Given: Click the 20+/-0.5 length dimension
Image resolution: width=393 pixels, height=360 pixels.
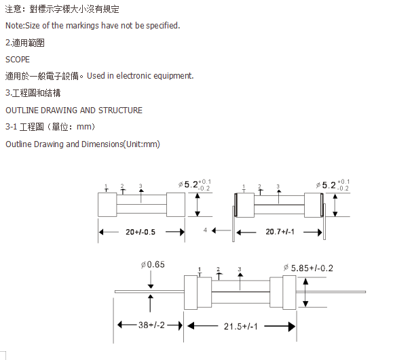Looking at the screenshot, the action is [141, 232].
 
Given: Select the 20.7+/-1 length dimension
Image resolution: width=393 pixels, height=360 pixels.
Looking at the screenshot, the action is [280, 232].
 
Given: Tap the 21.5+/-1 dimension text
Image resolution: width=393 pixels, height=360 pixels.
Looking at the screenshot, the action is [240, 327].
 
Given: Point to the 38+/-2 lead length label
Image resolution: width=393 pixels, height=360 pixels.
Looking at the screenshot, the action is [151, 325].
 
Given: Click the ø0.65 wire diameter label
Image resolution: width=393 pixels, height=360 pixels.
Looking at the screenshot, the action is [153, 264].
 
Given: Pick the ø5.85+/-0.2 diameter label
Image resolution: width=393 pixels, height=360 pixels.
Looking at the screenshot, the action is [308, 268].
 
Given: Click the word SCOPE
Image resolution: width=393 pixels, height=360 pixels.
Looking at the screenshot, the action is [18, 60].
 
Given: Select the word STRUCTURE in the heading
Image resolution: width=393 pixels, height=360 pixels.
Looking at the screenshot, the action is [120, 111].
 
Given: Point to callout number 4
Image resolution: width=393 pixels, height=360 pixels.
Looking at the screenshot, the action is [205, 230].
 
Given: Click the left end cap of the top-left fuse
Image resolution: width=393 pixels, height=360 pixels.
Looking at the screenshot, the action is [107, 205].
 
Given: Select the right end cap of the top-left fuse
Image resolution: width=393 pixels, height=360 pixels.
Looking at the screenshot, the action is [176, 205].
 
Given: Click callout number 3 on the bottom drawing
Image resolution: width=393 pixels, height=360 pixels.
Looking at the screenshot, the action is [240, 269].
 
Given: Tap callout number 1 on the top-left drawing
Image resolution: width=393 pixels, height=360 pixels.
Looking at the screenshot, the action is [106, 186].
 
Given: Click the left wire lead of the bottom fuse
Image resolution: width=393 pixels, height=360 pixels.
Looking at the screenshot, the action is [149, 292].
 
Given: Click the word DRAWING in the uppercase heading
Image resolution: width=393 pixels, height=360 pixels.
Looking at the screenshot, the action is [59, 111].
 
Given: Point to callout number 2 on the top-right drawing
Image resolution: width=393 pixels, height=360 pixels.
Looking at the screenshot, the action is [259, 186].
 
